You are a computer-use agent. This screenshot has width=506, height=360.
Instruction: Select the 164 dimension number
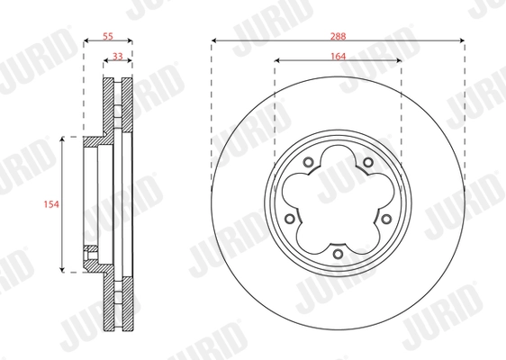[x=338, y=54]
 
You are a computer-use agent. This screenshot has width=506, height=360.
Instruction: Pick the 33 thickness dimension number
[x=118, y=56]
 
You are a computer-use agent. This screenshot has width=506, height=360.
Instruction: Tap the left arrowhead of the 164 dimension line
[x=277, y=61]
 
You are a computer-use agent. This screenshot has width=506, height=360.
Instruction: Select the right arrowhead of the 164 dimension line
[x=398, y=61]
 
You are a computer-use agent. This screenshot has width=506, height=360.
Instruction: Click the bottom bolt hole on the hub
[x=338, y=255]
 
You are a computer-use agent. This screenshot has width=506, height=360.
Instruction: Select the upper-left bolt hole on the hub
[x=307, y=162]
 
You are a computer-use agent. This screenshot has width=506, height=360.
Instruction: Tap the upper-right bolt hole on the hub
[x=368, y=162]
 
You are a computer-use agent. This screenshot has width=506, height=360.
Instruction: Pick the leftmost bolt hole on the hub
[x=288, y=219]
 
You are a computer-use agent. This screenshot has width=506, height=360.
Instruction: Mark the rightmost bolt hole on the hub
[x=387, y=219]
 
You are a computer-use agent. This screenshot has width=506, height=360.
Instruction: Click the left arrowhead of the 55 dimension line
[x=86, y=41]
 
